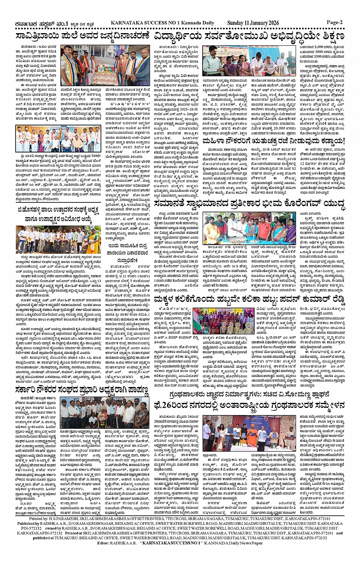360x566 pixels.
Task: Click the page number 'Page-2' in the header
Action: pyautogui.click(x=334, y=22)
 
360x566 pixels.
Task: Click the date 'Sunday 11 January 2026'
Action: pyautogui.click(x=253, y=23)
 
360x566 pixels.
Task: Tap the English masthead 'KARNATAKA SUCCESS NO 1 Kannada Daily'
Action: pyautogui.click(x=162, y=23)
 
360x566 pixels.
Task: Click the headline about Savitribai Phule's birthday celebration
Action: pyautogui.click(x=83, y=37)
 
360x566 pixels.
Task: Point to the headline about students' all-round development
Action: pyautogui.click(x=249, y=37)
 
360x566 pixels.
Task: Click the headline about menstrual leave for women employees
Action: pyautogui.click(x=273, y=141)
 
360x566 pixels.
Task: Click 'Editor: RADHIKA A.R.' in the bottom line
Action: pyautogui.click(x=116, y=543)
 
